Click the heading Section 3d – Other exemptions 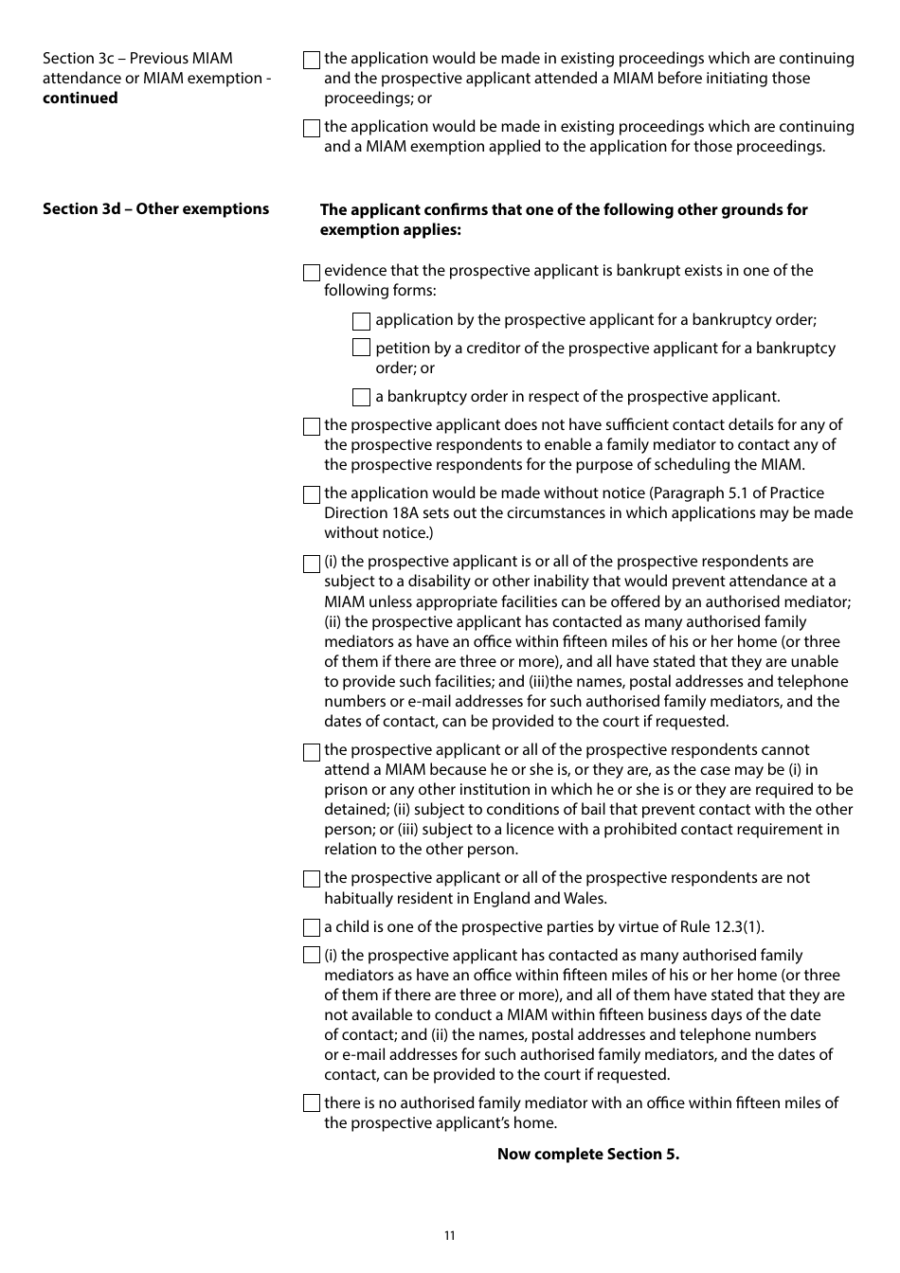(155, 209)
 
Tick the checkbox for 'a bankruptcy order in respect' (361, 398)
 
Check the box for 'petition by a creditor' (361, 349)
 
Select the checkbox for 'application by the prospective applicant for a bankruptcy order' (361, 321)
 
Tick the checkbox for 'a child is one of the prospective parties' (312, 928)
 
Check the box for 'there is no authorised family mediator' (312, 1103)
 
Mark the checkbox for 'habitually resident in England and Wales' (312, 879)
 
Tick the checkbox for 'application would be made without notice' (312, 494)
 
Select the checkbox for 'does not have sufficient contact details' (312, 426)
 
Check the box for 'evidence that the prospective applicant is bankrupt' (312, 272)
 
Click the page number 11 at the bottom (449, 1235)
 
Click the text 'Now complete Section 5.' (587, 1154)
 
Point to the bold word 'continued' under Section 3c (81, 99)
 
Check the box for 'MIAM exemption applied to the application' (312, 128)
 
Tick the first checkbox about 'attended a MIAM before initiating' (312, 60)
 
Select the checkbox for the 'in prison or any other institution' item (312, 752)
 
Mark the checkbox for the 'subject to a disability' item (312, 564)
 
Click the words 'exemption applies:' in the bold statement (389, 230)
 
